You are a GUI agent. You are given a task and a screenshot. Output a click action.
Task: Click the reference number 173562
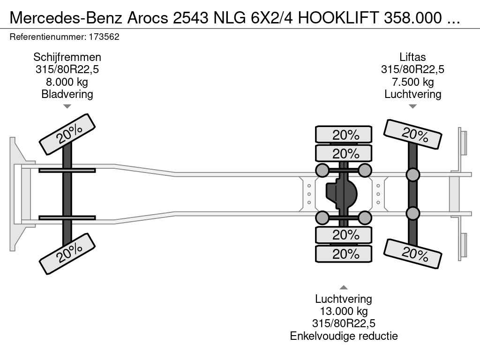104,37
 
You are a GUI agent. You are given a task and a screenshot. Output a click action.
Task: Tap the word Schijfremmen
67,57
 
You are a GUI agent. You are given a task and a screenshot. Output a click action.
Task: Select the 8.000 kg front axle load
67,82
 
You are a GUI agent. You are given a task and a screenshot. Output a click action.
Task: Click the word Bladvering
67,94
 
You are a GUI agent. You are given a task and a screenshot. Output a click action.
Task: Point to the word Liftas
412,57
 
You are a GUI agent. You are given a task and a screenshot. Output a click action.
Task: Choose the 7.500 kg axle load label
413,82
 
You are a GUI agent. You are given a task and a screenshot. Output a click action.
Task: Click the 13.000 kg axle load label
344,311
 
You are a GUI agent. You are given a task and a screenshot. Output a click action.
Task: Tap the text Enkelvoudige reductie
344,336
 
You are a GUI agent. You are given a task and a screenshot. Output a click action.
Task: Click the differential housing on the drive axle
341,194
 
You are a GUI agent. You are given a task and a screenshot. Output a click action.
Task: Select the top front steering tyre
67,135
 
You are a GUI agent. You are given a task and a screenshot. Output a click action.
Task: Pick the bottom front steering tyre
67,254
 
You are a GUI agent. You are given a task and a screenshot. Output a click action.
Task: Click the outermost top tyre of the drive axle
344,135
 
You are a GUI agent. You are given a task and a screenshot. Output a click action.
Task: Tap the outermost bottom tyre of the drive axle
344,254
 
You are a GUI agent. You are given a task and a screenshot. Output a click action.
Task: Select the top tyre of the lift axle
412,135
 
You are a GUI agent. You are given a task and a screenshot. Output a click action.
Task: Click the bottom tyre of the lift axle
412,254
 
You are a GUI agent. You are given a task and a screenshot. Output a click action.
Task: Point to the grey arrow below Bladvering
67,106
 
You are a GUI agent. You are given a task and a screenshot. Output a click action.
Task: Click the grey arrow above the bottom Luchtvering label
344,287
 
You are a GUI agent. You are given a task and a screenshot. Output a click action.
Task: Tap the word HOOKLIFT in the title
338,18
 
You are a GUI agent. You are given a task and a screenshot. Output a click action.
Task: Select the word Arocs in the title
148,18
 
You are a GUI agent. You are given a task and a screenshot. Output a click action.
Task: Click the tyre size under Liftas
412,69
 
